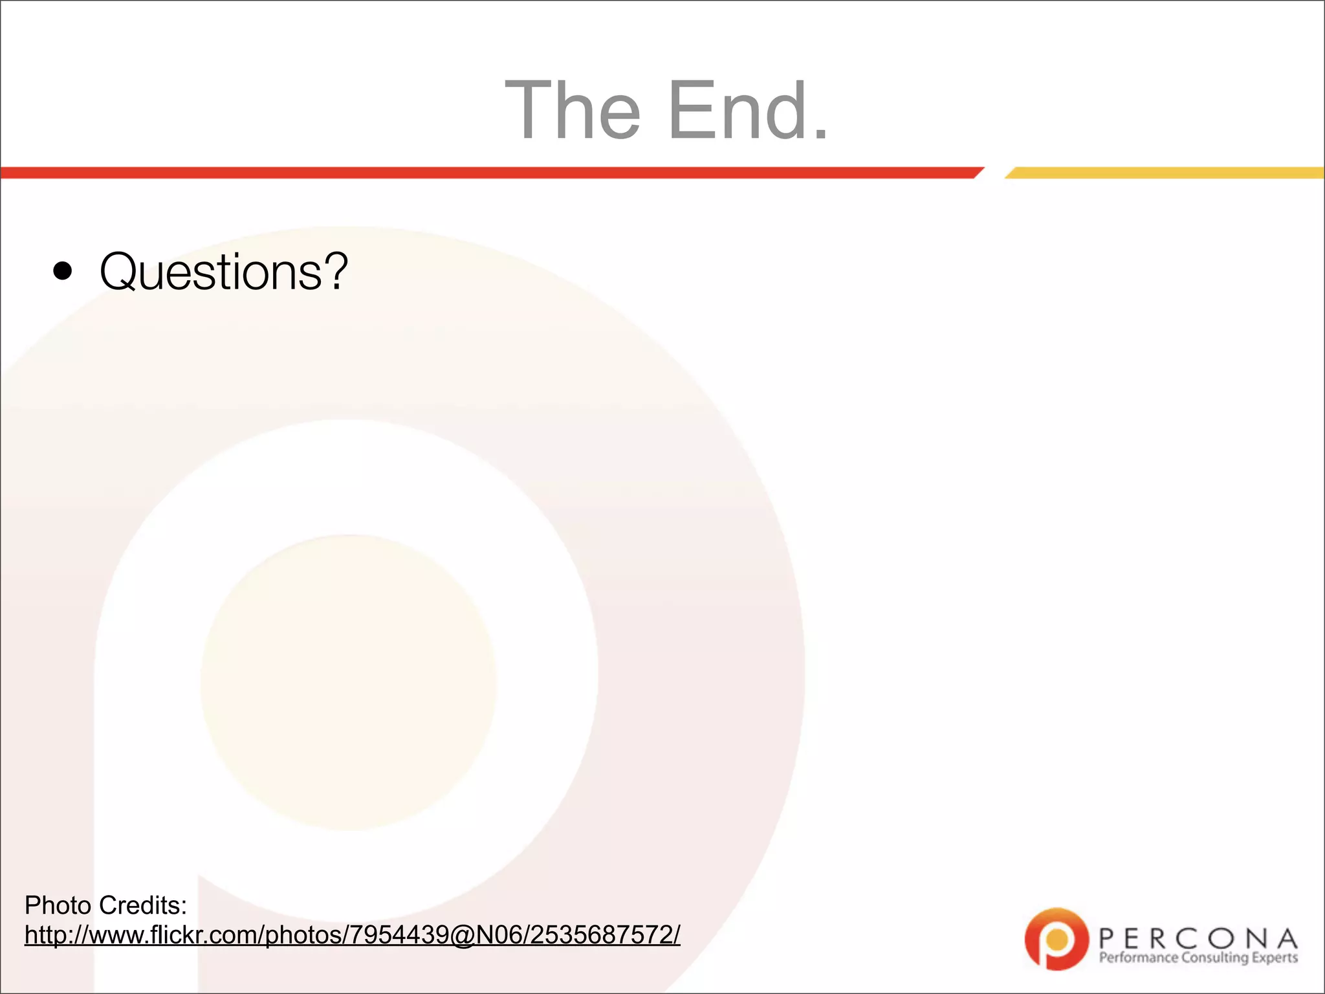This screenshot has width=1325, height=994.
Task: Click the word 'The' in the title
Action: [573, 110]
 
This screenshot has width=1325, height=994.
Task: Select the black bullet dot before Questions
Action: [63, 272]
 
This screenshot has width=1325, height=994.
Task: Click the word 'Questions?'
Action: [223, 272]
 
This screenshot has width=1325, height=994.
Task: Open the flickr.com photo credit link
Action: [352, 935]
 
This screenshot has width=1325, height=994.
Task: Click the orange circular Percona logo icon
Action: [1057, 939]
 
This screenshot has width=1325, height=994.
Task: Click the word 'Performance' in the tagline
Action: [1139, 958]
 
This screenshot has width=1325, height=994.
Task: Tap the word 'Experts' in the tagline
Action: [1275, 958]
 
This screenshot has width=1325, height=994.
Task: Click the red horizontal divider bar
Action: [492, 173]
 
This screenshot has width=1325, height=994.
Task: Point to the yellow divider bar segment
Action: [1165, 173]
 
